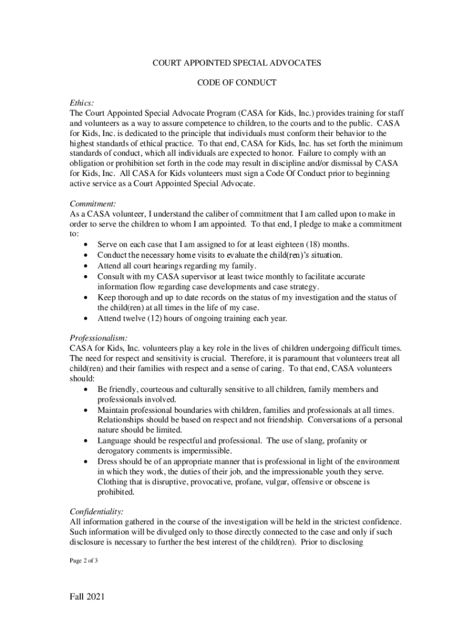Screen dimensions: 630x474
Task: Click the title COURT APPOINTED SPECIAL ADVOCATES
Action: click(x=237, y=63)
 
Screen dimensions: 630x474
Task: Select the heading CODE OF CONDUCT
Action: click(x=237, y=82)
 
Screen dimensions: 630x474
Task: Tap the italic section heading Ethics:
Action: click(x=82, y=104)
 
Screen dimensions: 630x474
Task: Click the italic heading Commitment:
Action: click(x=93, y=203)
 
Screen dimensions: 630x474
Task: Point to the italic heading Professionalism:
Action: click(x=99, y=338)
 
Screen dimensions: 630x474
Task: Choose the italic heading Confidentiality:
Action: click(x=97, y=511)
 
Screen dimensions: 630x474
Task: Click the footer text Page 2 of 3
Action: click(x=84, y=560)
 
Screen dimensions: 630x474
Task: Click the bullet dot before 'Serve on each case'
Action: click(x=84, y=245)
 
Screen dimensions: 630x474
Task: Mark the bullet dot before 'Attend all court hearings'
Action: click(x=84, y=266)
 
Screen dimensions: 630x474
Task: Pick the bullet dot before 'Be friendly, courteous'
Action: click(x=84, y=389)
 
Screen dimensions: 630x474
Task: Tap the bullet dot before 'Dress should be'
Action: click(x=84, y=461)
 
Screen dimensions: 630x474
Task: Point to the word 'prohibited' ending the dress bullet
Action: click(x=116, y=492)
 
